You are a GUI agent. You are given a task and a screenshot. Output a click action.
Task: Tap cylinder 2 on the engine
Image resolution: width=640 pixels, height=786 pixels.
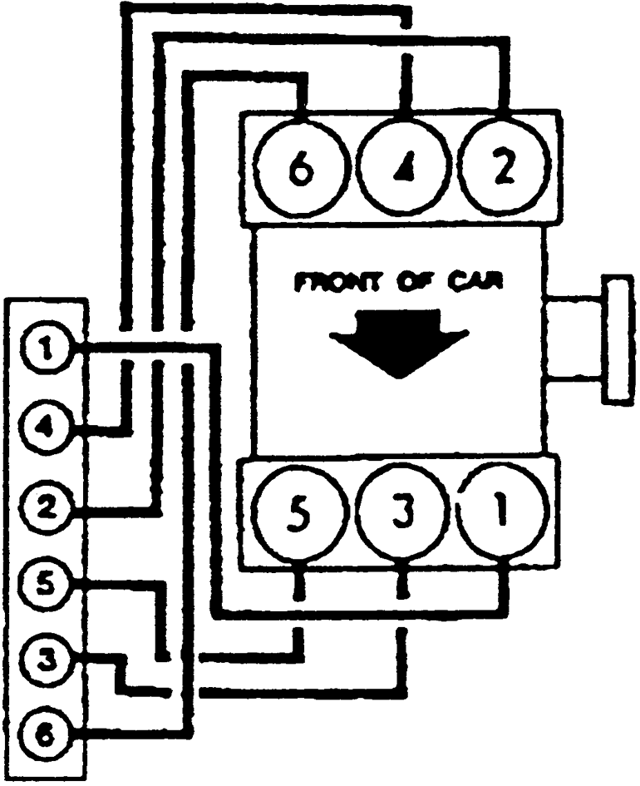click(505, 172)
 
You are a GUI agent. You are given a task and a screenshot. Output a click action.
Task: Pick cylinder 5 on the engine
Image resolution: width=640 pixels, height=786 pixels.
click(300, 519)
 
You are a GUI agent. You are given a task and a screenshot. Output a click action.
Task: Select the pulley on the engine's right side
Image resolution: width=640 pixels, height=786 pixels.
click(618, 340)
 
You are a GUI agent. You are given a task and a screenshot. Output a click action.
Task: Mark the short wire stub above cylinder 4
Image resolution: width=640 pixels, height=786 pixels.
click(406, 83)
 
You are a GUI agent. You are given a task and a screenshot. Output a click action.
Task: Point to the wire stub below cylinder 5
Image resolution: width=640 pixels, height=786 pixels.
click(300, 586)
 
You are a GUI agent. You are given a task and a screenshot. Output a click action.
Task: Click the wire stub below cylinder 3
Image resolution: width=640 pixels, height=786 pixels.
click(402, 586)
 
